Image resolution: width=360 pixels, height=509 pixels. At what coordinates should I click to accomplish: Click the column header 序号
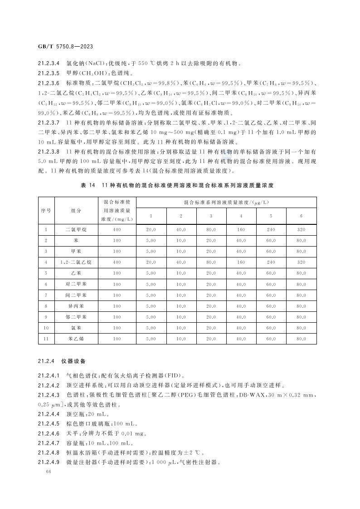[46, 210]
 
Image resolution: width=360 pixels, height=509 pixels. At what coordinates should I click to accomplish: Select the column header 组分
[76, 210]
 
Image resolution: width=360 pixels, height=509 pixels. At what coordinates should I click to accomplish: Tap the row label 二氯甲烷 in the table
[76, 229]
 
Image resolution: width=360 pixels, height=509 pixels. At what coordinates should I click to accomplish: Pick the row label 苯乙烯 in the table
[76, 339]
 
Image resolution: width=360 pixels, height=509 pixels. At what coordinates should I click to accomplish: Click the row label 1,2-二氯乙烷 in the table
[76, 262]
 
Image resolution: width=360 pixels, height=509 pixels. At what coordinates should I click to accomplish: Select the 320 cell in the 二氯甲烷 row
[301, 229]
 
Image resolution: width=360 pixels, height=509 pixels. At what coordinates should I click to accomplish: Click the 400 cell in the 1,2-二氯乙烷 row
[117, 262]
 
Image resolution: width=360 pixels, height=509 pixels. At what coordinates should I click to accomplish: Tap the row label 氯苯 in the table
[76, 328]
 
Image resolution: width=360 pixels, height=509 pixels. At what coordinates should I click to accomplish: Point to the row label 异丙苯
[76, 306]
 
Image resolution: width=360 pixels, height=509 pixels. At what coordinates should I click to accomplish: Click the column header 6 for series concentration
[301, 216]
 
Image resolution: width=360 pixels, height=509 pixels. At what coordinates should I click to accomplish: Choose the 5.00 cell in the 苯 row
[151, 240]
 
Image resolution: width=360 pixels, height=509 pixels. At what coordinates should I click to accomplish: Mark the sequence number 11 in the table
[46, 339]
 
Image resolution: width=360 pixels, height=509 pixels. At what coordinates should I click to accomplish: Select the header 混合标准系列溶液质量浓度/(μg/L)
[226, 202]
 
